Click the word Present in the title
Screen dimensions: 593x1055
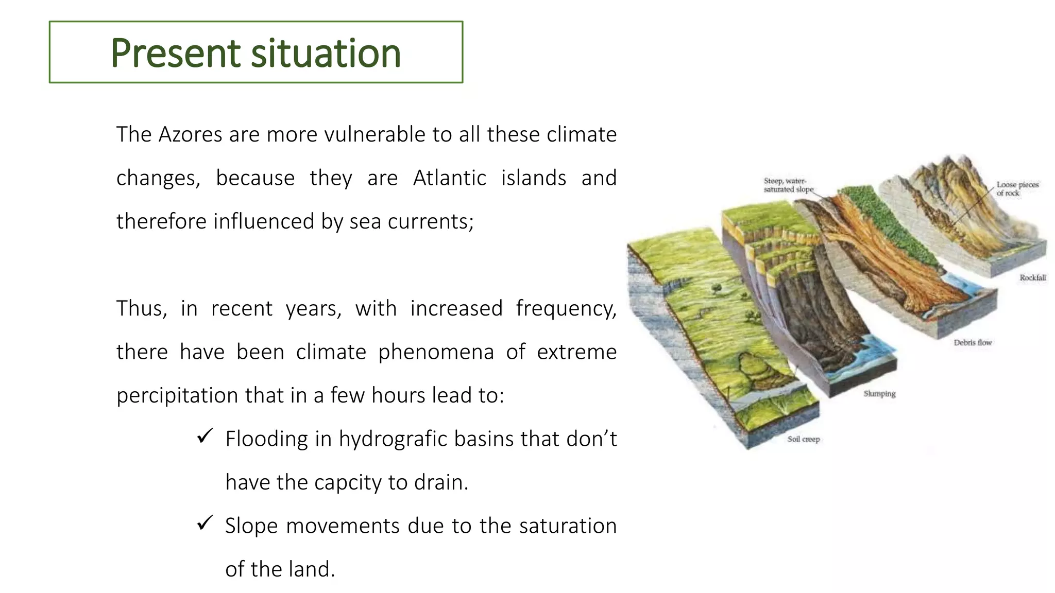coord(175,53)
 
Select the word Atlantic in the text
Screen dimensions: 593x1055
coord(449,178)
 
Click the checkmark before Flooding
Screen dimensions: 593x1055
coord(205,437)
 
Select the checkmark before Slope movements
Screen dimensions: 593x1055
coord(205,524)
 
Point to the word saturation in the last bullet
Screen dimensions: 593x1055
coord(567,526)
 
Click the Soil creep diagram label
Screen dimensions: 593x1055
coord(803,439)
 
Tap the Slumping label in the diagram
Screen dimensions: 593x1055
coord(879,394)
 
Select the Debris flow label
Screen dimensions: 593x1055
coord(972,342)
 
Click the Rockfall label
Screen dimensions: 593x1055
coord(1032,277)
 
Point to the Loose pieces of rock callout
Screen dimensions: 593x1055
coord(1017,188)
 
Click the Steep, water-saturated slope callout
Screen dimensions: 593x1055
coord(788,185)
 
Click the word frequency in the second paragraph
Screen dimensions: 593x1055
coord(566,309)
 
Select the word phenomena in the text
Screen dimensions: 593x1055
coord(436,353)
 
